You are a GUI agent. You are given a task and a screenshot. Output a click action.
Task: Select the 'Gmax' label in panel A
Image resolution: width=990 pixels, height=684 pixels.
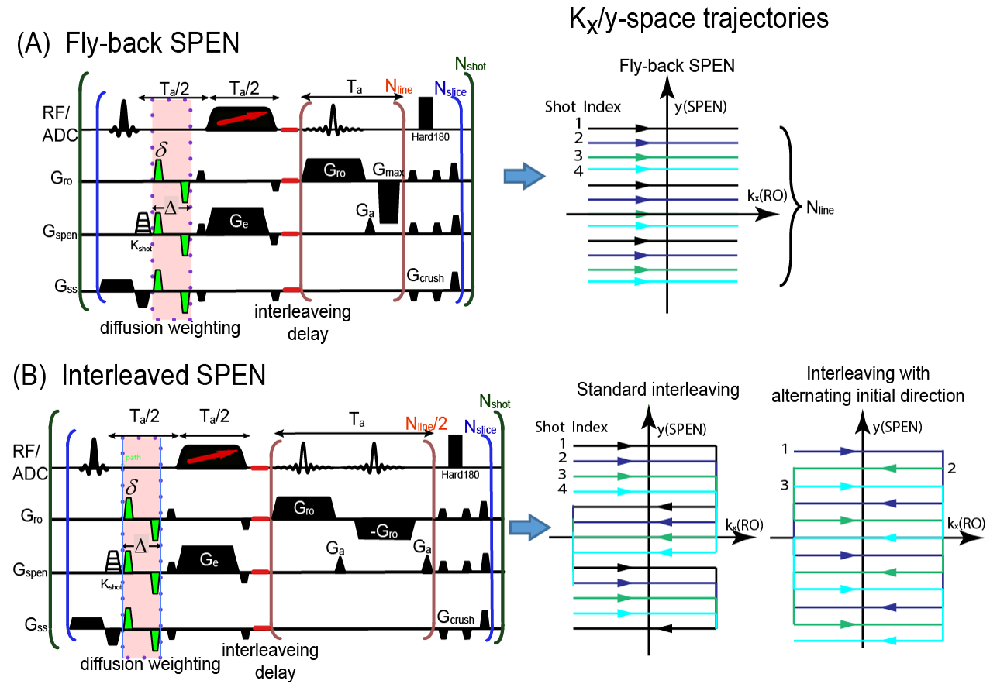[388, 170]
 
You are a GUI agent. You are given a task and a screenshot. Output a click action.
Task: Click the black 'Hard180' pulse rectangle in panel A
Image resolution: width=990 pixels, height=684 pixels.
[425, 113]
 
